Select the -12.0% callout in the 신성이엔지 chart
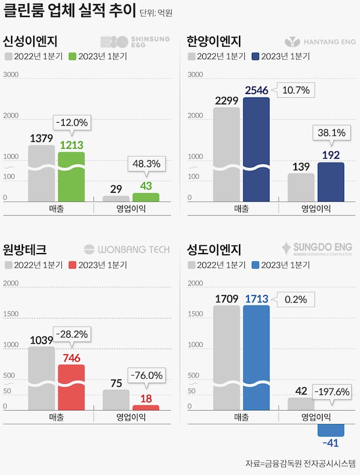[72, 123]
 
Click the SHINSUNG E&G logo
[135, 41]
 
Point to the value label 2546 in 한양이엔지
[255, 90]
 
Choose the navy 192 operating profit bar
[331, 182]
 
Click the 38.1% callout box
[330, 133]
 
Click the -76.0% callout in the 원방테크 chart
[147, 375]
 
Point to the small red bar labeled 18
[146, 407]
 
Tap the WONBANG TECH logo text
[127, 249]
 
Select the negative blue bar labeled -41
[331, 430]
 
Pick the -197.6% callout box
[333, 391]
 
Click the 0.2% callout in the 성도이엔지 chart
[295, 299]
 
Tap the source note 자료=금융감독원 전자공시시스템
[300, 463]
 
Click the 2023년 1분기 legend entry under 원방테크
[98, 265]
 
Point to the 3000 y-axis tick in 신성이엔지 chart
[11, 75]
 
